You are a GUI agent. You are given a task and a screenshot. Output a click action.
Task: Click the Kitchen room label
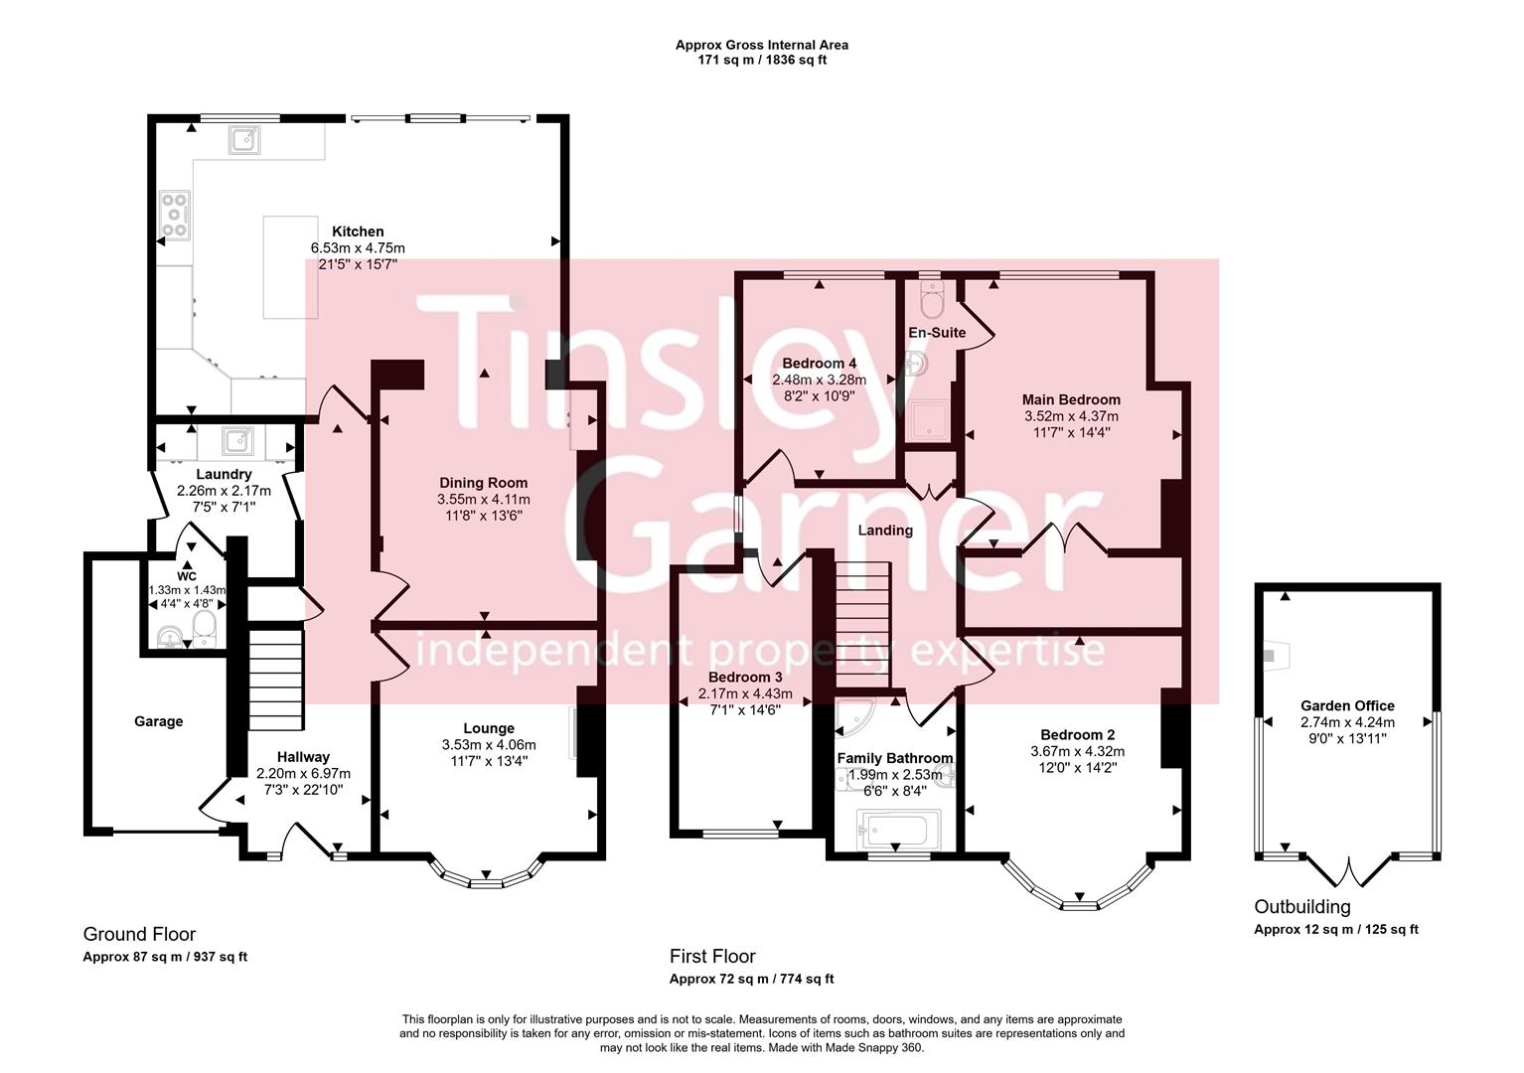[x=358, y=231]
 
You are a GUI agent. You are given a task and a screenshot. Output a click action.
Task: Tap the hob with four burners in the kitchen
[x=175, y=215]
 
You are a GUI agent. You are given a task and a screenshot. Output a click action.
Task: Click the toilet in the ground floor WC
[x=205, y=626]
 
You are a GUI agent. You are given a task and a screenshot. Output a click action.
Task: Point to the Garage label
[x=159, y=721]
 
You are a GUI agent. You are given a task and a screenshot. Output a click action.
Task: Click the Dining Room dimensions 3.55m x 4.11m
[x=483, y=500]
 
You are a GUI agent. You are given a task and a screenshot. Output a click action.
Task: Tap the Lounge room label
[x=488, y=728]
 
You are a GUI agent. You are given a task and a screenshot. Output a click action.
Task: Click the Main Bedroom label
[x=1071, y=399]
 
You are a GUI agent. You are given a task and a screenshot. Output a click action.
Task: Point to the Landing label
[x=885, y=531]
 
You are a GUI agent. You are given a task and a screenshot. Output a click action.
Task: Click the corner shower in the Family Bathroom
[x=853, y=718]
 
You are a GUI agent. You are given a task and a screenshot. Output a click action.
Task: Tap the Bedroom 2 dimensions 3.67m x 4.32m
[x=1077, y=752]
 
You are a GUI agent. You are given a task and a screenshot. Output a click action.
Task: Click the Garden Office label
[x=1347, y=706]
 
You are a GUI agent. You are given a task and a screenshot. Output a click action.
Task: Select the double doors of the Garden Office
[x=1348, y=872]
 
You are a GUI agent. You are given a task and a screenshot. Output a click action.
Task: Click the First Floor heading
[x=712, y=956]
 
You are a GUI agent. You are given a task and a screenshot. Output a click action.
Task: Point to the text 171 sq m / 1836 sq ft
[x=762, y=60]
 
